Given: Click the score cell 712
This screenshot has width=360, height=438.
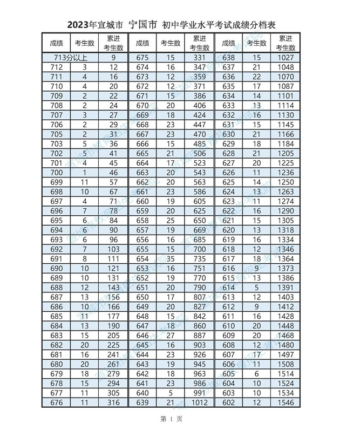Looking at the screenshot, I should [x=56, y=67].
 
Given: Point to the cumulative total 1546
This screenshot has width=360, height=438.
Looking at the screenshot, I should [x=286, y=402].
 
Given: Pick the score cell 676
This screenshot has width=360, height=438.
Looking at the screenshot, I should [x=56, y=402].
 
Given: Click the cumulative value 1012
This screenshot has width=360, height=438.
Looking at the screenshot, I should [x=200, y=402].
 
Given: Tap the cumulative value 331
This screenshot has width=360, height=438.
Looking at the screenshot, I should [x=200, y=57].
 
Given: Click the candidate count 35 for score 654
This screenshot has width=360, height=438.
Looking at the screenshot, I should [x=171, y=258].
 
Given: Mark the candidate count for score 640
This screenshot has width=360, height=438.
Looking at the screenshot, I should [x=171, y=393].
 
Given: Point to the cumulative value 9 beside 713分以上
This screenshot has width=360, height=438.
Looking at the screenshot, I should [x=113, y=57].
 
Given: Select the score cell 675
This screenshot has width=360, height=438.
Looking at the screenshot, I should [x=142, y=57].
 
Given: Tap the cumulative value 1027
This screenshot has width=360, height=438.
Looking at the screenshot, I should [x=286, y=57].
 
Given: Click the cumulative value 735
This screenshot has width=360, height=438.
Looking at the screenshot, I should [x=200, y=258].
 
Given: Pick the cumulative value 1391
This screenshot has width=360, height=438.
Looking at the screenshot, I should [x=286, y=288].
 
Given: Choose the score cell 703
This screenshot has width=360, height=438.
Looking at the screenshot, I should [x=56, y=143].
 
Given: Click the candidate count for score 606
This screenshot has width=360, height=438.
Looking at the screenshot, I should [x=257, y=364].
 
